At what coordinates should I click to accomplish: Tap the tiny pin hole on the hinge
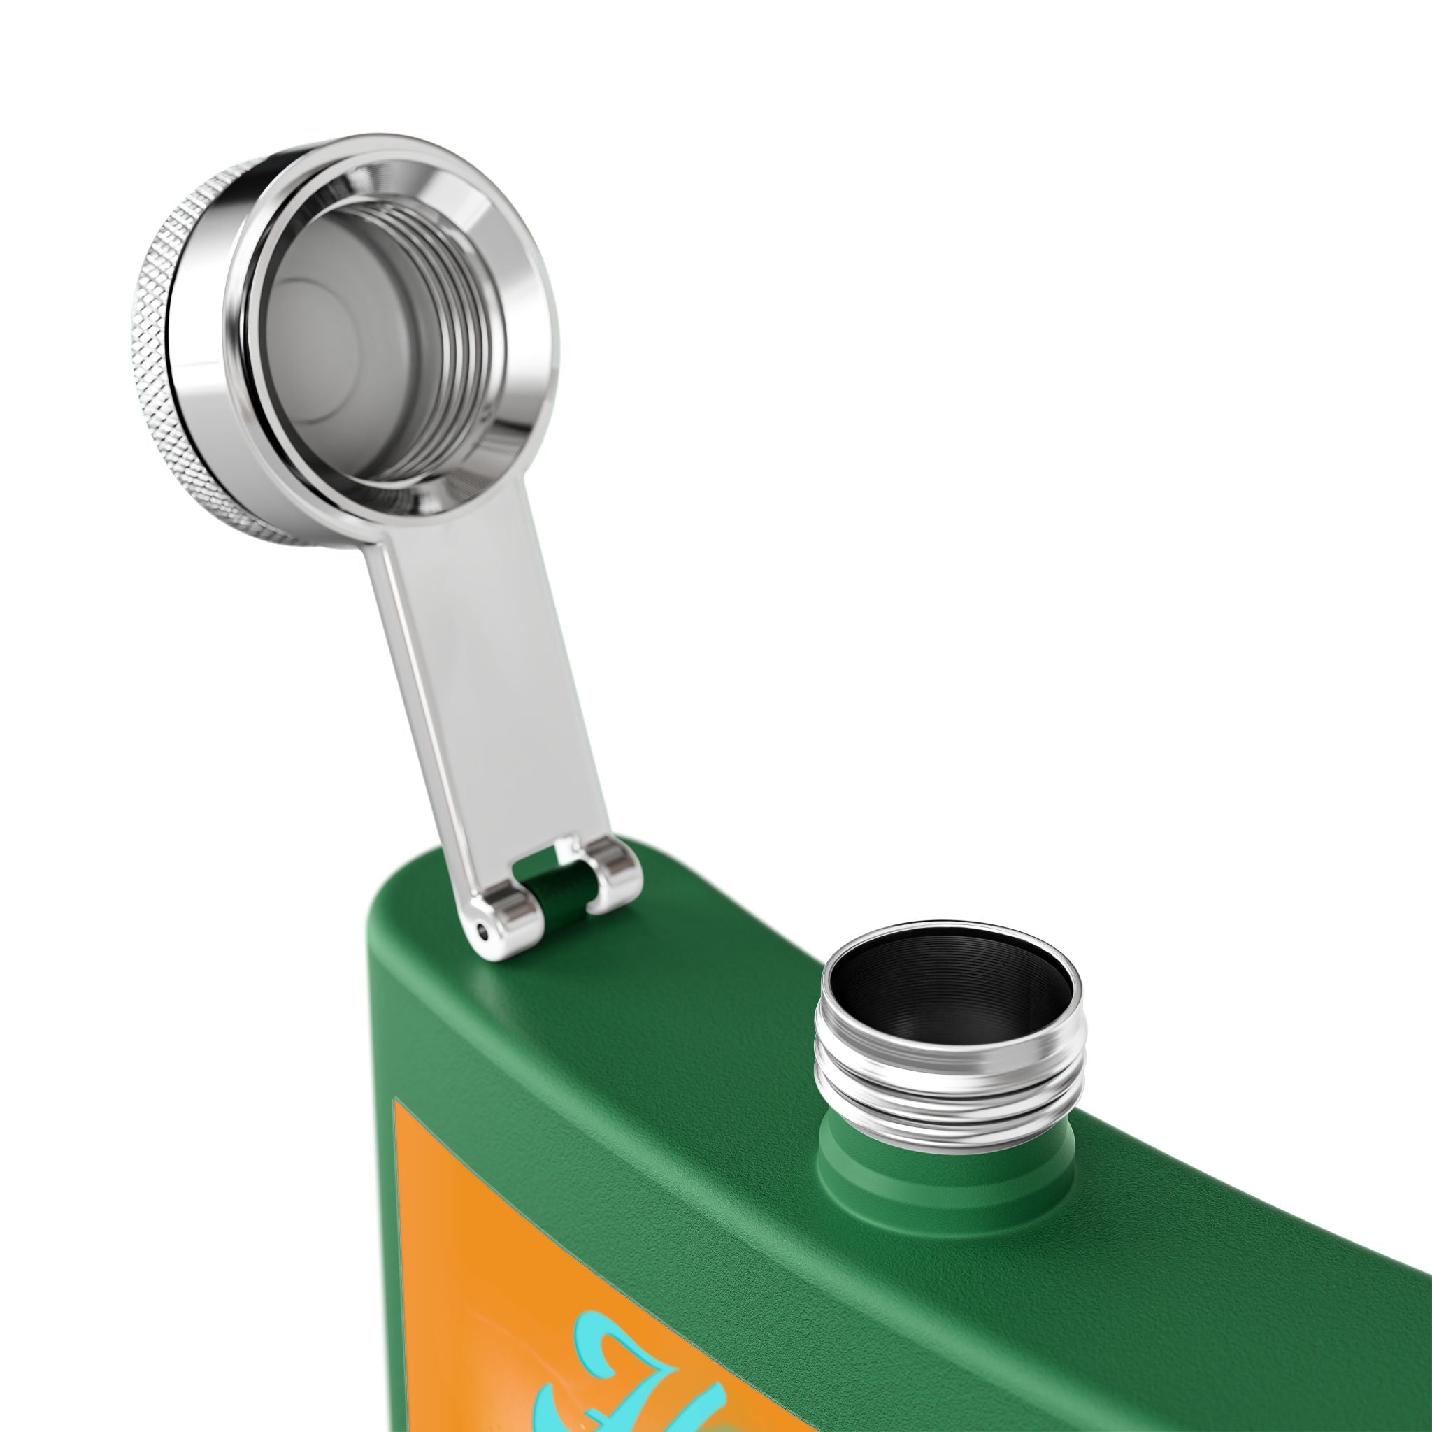coord(484,933)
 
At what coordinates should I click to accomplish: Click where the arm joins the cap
coord(415,519)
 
